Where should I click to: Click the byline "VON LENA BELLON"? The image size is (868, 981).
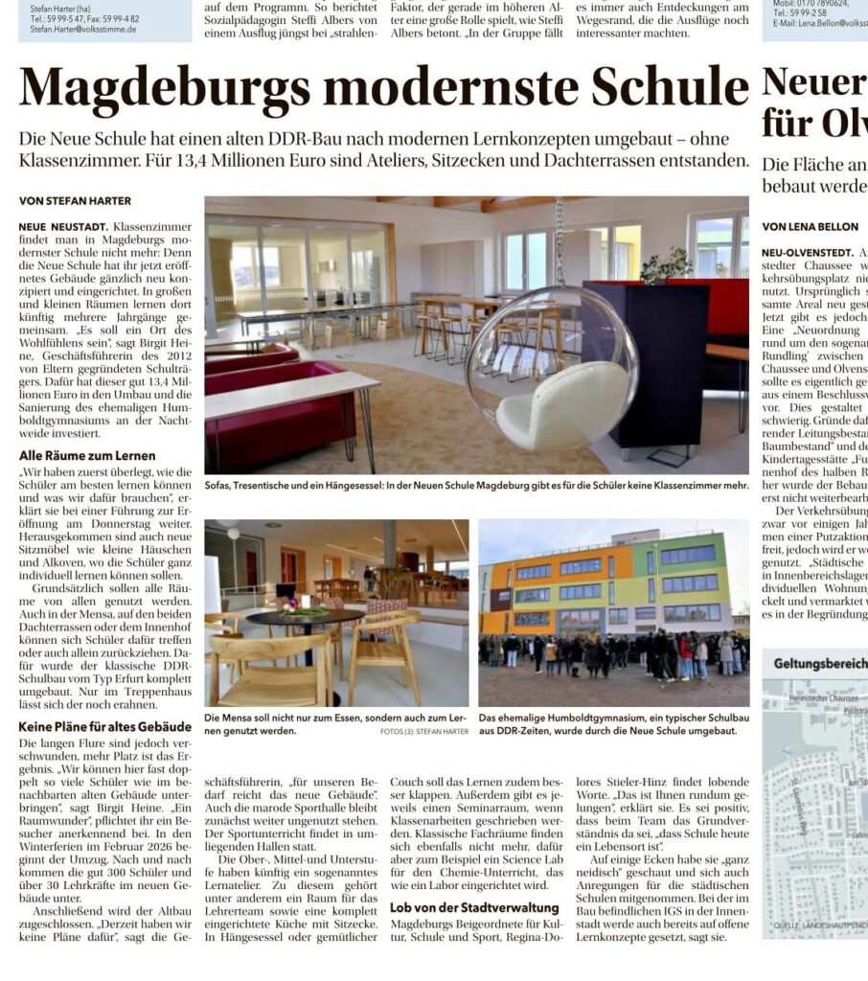[x=811, y=227]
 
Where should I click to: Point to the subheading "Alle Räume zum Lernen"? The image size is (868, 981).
[x=87, y=455]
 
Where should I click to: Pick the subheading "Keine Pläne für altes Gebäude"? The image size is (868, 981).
[x=105, y=726]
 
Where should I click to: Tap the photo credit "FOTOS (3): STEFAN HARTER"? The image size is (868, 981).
[x=419, y=732]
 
